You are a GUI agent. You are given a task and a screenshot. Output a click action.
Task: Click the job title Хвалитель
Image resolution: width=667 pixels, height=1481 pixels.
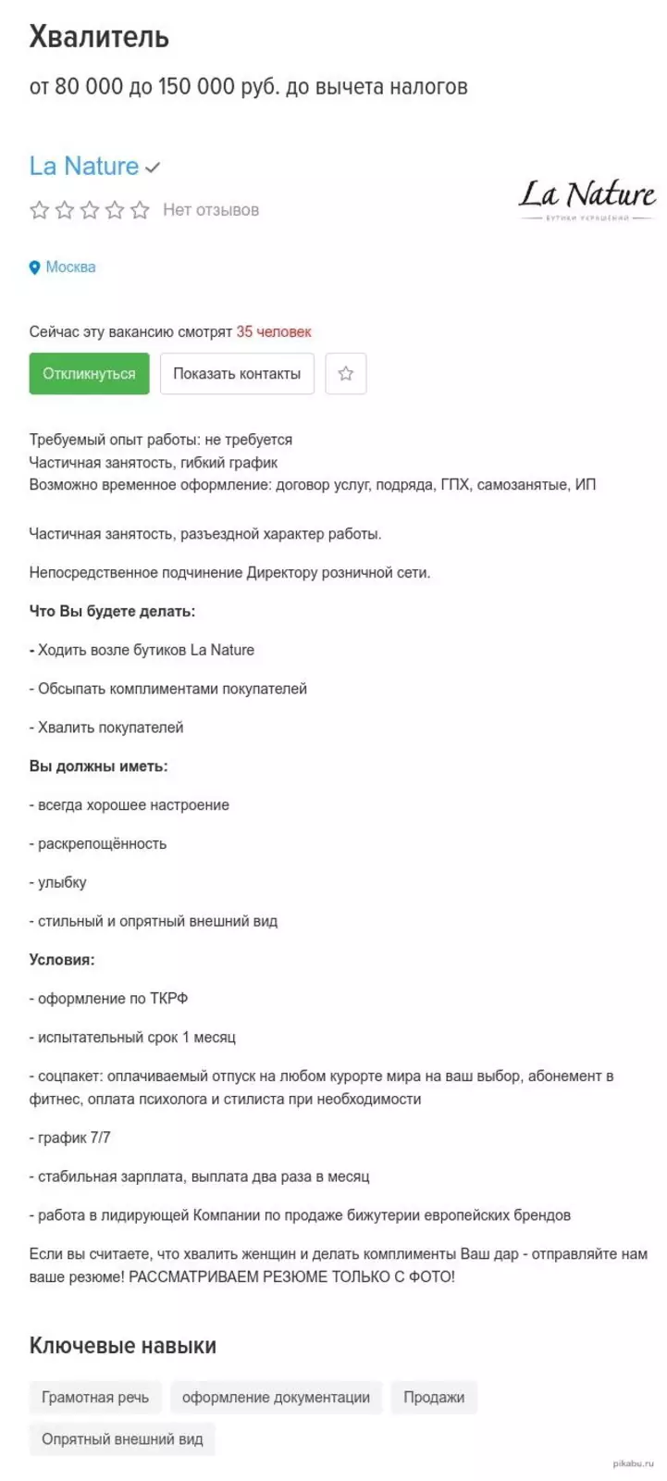point(99,37)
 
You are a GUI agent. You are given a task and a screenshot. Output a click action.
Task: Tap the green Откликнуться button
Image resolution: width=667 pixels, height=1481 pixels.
point(89,374)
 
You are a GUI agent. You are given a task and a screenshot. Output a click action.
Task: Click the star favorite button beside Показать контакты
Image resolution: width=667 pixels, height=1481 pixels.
point(346,374)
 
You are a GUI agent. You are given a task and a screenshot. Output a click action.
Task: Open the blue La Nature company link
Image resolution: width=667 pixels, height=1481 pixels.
point(84,167)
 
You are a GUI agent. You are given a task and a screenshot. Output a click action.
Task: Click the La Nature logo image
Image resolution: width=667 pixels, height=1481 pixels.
point(587,200)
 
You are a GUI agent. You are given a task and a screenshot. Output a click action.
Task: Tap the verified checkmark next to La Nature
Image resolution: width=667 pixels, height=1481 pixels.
point(154,168)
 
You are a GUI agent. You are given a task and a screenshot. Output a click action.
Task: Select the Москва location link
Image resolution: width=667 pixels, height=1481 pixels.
point(70,268)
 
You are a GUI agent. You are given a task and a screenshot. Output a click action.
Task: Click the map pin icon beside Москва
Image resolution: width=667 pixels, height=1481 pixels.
point(35,268)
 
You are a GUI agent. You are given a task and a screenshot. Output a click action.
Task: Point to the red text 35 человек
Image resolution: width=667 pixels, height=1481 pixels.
point(274,331)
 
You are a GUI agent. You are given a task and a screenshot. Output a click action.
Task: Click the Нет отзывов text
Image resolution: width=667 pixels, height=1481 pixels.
point(211,210)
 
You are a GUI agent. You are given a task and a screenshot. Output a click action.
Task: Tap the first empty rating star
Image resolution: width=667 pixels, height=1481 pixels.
point(39,210)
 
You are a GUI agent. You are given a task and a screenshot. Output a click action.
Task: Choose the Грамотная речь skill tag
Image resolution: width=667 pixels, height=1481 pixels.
point(95,1397)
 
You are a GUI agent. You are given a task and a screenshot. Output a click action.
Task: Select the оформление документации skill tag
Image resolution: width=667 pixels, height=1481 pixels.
point(276,1397)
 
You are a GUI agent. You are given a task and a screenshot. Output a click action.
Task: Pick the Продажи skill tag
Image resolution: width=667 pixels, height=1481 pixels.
point(434,1397)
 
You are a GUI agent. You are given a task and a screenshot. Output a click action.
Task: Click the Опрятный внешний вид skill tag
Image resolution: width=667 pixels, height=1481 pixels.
point(122,1439)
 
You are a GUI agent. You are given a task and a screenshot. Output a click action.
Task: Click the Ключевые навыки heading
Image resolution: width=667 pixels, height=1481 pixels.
point(123,1345)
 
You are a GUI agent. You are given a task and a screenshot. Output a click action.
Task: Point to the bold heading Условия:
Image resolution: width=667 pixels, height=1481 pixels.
point(62,960)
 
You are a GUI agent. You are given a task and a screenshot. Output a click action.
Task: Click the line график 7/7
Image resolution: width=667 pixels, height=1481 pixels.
point(70,1138)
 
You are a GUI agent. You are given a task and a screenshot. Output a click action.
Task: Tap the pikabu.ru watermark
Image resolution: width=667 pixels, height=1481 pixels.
point(633,1463)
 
